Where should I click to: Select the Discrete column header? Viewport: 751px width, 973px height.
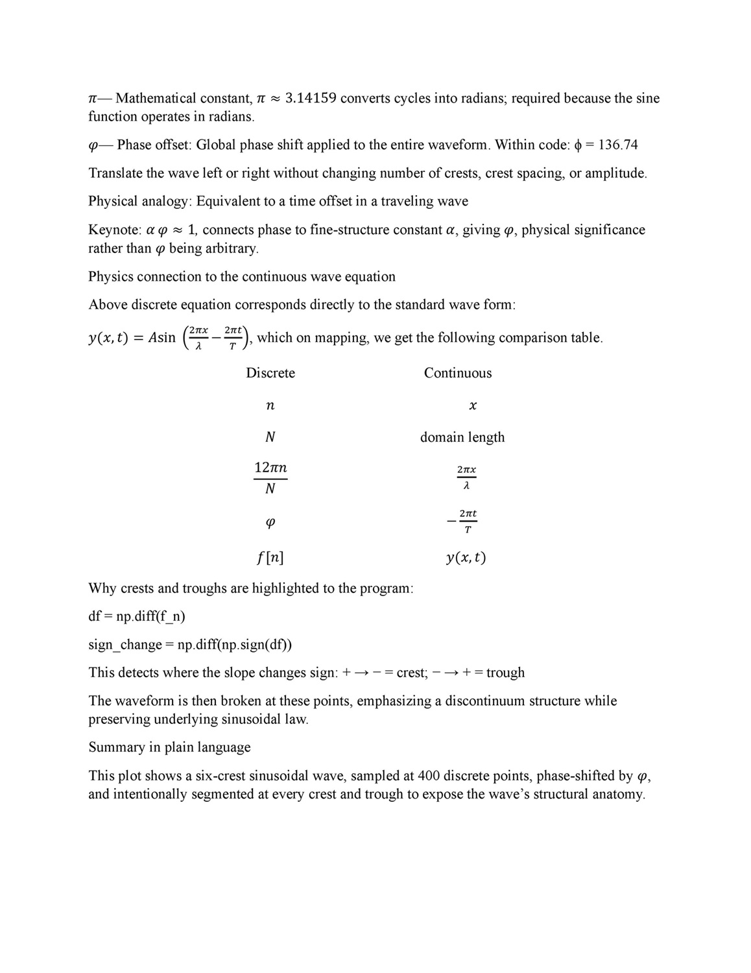[x=270, y=373]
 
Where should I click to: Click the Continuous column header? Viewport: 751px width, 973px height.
[x=458, y=373]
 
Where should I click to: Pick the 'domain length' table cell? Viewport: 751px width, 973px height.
[x=462, y=437]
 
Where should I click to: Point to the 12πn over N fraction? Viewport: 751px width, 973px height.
[x=270, y=478]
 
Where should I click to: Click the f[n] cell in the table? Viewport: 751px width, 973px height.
[x=270, y=557]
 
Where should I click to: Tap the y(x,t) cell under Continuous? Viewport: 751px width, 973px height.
[x=466, y=557]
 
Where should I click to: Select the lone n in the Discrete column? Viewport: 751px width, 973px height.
[x=270, y=406]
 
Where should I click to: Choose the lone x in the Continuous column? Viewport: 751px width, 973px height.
[x=473, y=406]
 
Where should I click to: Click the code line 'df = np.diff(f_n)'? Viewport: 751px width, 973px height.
[x=137, y=616]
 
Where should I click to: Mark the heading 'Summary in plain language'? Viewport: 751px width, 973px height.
[x=169, y=747]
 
